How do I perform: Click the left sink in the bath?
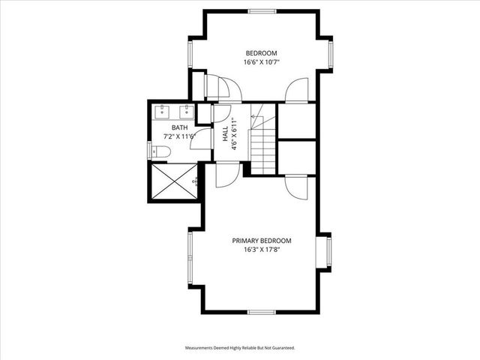point(163,112)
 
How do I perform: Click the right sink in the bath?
point(184,112)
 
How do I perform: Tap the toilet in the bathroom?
point(161,152)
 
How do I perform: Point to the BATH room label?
point(179,127)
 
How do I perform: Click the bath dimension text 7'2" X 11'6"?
point(179,136)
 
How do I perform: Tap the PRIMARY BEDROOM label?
point(261,241)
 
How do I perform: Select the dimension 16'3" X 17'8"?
point(261,250)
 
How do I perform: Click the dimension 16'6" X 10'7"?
point(260,62)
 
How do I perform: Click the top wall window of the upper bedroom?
point(261,10)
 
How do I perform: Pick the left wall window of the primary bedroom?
point(190,259)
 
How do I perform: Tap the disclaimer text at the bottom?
point(240,348)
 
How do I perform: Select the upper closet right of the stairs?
point(296,120)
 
